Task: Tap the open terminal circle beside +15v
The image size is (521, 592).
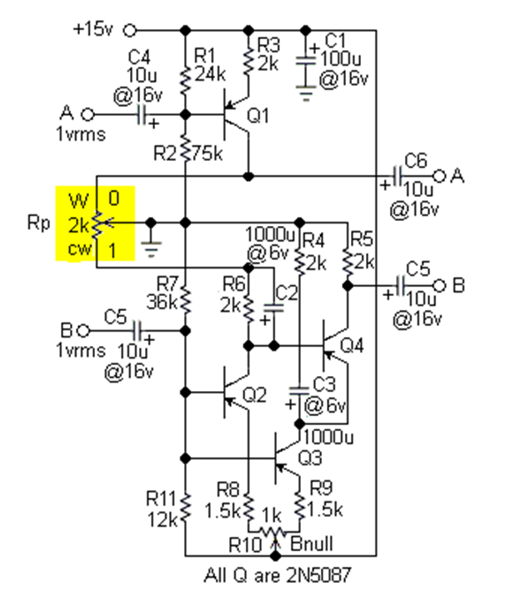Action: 129,30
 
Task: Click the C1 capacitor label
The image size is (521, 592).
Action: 335,41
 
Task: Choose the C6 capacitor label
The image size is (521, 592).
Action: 416,159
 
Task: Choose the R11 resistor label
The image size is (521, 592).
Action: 162,499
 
